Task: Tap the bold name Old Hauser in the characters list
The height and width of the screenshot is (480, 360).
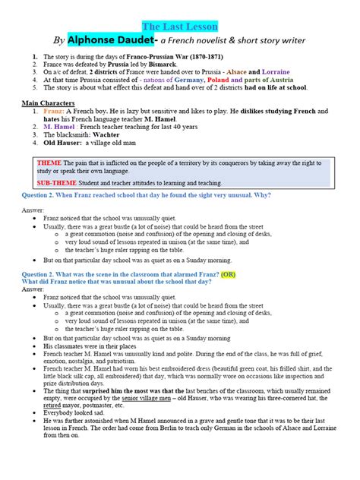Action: (x=62, y=141)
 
